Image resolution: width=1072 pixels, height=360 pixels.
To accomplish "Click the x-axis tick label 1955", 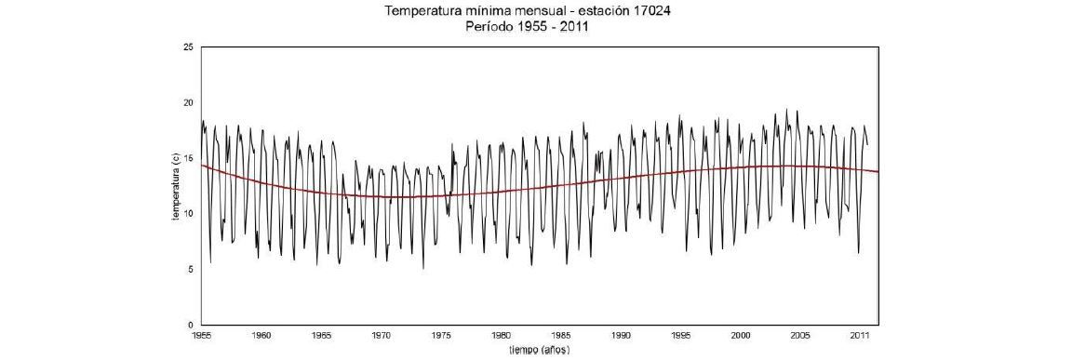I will click(201, 334).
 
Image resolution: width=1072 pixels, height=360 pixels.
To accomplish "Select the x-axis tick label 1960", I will click(261, 334).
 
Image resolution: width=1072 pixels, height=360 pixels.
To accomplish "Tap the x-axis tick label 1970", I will click(382, 334).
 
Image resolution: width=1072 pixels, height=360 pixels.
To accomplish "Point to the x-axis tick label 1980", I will click(502, 334).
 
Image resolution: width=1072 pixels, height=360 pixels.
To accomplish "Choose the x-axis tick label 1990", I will click(622, 334).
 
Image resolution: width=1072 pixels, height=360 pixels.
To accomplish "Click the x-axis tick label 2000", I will click(741, 334).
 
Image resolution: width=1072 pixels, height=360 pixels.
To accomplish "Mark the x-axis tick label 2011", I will click(861, 334).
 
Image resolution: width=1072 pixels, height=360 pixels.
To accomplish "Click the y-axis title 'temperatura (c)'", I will click(174, 186).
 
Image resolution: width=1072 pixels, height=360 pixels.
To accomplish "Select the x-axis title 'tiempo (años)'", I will click(539, 350).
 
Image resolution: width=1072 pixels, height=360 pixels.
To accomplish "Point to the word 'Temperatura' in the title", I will click(422, 11).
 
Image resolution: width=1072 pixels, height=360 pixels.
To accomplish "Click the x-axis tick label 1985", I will click(561, 334).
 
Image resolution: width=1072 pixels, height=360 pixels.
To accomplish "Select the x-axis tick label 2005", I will click(801, 334).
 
